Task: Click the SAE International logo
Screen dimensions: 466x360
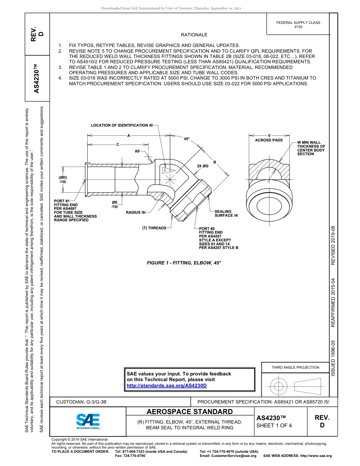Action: (x=88, y=421)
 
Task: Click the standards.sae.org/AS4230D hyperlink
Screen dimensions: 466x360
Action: (x=167, y=386)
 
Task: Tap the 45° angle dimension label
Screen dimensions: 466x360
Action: (x=186, y=139)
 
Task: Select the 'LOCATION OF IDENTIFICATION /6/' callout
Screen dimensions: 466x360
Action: (x=122, y=125)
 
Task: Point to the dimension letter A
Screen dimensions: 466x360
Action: (x=129, y=135)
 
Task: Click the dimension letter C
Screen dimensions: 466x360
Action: (x=117, y=144)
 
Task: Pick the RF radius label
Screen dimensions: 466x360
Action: (x=138, y=151)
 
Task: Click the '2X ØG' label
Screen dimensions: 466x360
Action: (x=202, y=166)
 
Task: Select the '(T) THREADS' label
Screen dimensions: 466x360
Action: (x=154, y=228)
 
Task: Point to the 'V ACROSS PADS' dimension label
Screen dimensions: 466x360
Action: (x=269, y=138)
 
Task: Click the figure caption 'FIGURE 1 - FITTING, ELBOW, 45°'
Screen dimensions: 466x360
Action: (x=183, y=263)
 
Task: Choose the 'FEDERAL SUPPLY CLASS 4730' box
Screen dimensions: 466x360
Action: (x=298, y=25)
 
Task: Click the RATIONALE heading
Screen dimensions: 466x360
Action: (x=194, y=35)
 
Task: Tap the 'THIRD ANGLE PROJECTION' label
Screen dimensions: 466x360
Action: (x=295, y=367)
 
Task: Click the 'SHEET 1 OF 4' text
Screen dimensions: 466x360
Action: (x=274, y=425)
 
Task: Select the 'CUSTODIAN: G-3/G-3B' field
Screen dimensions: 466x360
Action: (x=84, y=402)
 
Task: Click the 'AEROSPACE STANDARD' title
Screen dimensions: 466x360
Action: (x=189, y=412)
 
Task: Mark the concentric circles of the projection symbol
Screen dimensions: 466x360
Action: (x=279, y=386)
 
